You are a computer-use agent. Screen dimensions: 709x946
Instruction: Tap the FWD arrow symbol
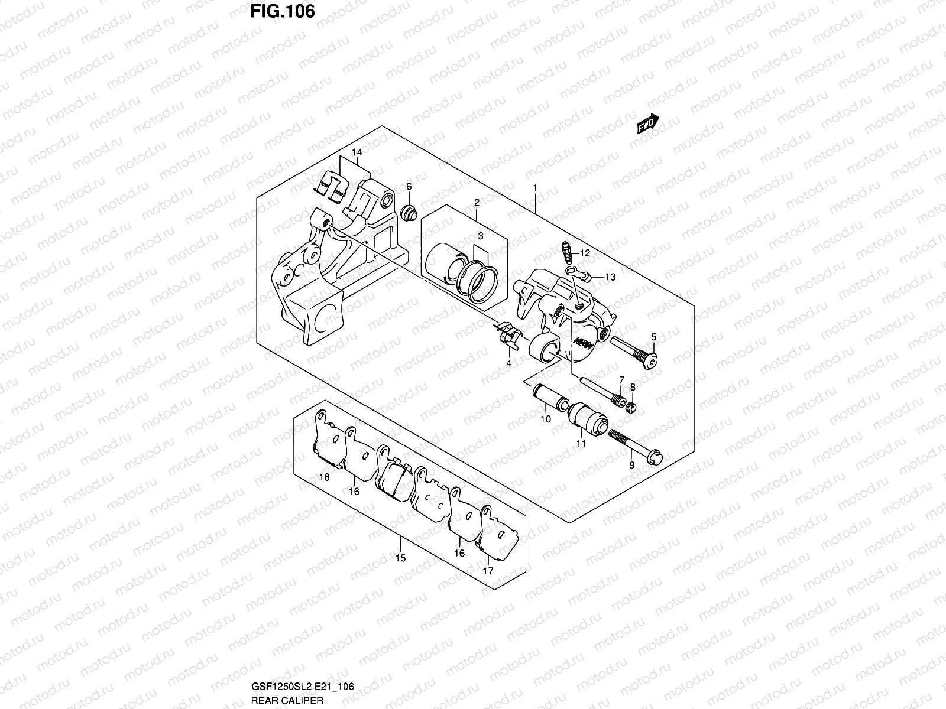click(x=647, y=124)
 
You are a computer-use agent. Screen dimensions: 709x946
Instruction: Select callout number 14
click(x=357, y=153)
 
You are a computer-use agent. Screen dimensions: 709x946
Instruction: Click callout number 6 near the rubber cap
click(x=409, y=186)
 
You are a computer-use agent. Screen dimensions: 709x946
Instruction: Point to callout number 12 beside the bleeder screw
click(x=585, y=253)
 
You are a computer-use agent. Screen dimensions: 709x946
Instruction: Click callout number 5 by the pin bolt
click(x=653, y=337)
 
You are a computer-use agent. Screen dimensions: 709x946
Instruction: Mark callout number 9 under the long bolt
click(x=631, y=466)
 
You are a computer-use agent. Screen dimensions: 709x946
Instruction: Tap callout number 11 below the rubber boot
click(x=581, y=443)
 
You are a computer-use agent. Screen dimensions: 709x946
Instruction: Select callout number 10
click(x=545, y=419)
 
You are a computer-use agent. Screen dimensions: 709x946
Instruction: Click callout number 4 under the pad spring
click(x=508, y=363)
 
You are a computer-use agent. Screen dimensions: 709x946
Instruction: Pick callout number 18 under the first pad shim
click(x=324, y=477)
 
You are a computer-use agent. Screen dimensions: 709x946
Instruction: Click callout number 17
click(x=488, y=571)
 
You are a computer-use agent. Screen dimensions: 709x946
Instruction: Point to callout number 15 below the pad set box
click(x=400, y=558)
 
